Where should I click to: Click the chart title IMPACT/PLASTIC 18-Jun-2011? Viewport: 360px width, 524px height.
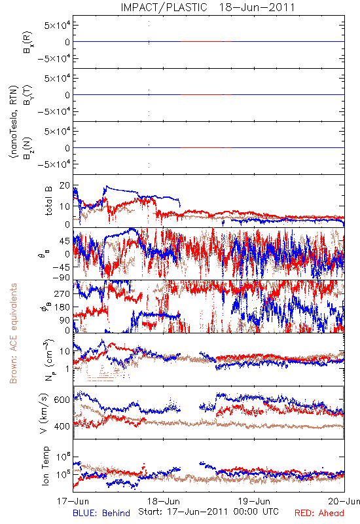(x=207, y=7)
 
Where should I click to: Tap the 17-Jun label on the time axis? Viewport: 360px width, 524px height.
(x=73, y=501)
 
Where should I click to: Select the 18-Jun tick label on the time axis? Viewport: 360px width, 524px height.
(x=164, y=501)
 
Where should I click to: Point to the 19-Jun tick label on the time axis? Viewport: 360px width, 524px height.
(x=254, y=501)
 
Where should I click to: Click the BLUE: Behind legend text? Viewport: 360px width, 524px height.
(x=101, y=513)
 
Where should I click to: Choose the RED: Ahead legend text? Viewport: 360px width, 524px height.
(x=319, y=513)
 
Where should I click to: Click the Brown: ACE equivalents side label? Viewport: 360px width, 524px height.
(x=13, y=333)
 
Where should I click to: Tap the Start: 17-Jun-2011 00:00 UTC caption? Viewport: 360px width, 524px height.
(x=208, y=512)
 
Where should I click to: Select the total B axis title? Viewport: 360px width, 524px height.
(x=48, y=201)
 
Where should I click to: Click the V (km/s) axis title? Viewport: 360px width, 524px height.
(x=44, y=413)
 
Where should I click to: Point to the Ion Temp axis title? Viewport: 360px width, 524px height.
(x=45, y=466)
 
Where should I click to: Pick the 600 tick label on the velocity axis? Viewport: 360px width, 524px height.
(x=62, y=400)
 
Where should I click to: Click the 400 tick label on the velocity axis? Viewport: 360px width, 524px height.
(x=62, y=426)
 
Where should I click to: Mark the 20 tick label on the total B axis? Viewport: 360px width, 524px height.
(x=65, y=186)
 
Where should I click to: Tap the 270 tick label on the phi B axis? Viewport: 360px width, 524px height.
(x=62, y=293)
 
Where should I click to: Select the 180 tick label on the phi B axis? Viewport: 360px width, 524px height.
(x=62, y=307)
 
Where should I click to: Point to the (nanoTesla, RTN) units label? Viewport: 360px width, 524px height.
(x=13, y=122)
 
